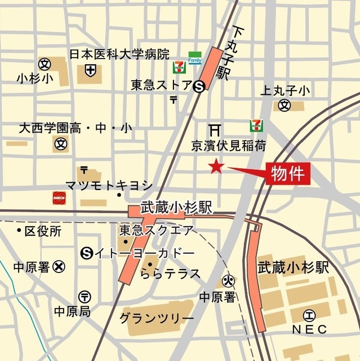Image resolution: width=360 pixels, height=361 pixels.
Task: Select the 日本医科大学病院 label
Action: tap(119, 55)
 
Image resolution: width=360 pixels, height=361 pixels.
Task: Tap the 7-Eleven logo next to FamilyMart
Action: tap(178, 67)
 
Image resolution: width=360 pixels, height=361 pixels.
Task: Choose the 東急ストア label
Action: tap(161, 86)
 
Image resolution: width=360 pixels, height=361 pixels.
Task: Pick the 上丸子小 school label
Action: tap(285, 90)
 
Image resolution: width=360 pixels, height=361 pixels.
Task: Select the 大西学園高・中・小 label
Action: tap(75, 129)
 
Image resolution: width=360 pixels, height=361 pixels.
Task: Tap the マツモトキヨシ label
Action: tap(109, 185)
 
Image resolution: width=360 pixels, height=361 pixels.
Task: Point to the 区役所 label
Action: tap(42, 231)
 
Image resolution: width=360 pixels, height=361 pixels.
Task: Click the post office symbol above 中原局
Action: tap(84, 296)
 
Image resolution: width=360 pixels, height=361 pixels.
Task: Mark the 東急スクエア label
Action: tap(156, 231)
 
